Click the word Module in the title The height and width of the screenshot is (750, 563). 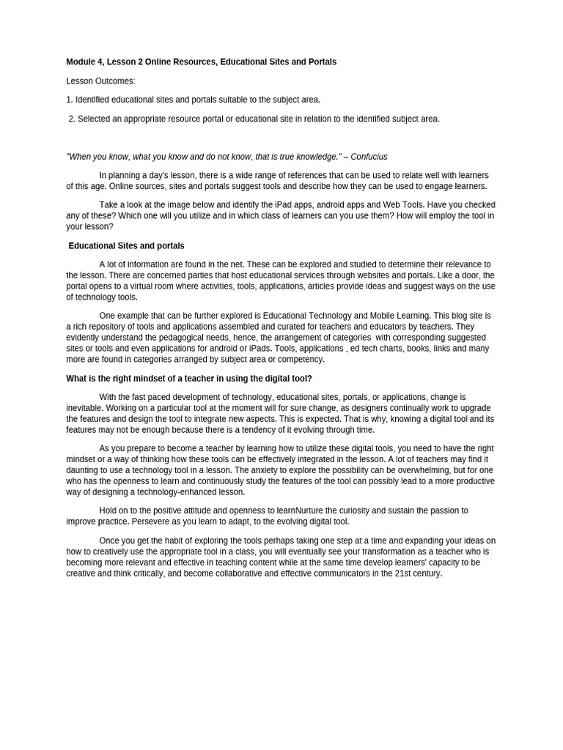pyautogui.click(x=82, y=62)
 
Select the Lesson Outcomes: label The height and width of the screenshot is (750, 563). pyautogui.click(x=100, y=81)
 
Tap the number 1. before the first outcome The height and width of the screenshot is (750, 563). pyautogui.click(x=70, y=100)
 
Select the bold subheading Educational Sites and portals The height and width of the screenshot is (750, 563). pyautogui.click(x=126, y=246)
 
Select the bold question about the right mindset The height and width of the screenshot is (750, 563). pyautogui.click(x=188, y=379)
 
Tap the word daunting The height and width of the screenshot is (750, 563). pyautogui.click(x=84, y=470)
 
